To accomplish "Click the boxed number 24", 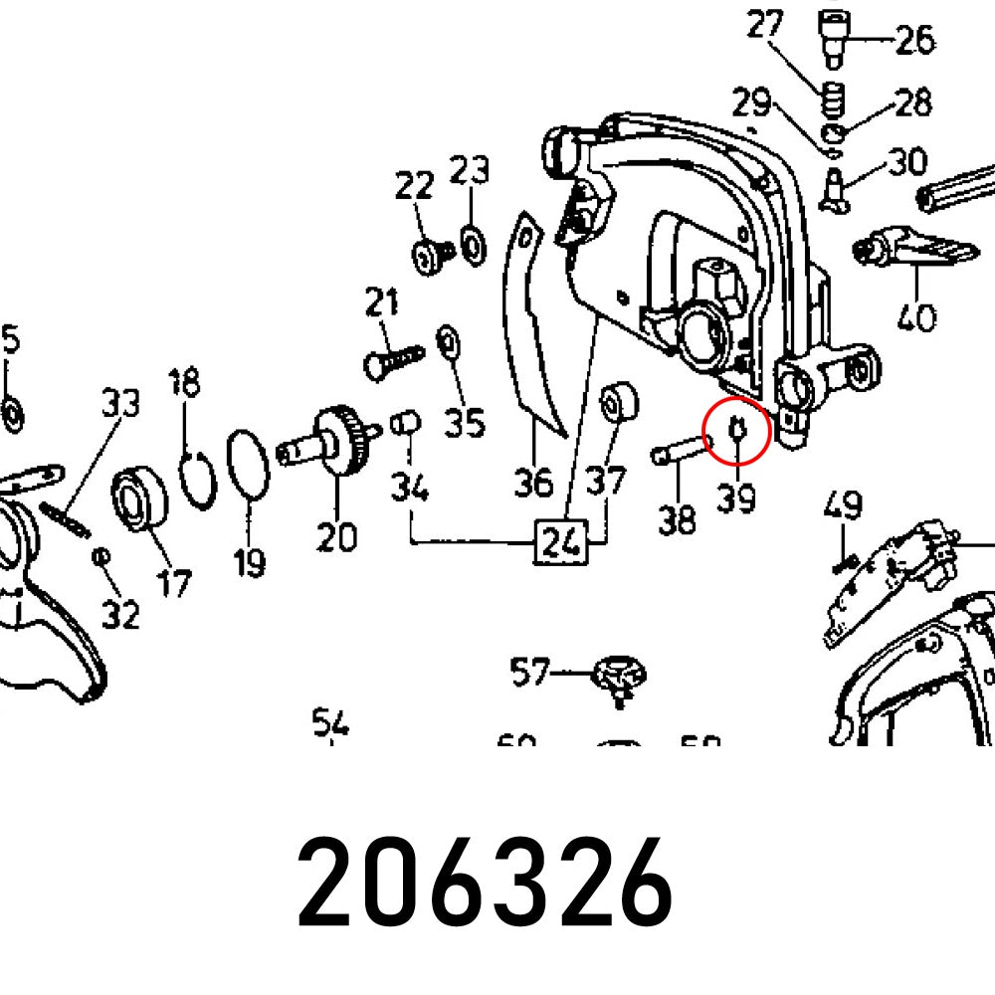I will [560, 543].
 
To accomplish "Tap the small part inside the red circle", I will [736, 428].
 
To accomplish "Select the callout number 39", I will [736, 497].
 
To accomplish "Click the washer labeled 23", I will [472, 243].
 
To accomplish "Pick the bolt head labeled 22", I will [429, 256].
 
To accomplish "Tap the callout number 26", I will [914, 40].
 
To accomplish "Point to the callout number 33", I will [120, 403].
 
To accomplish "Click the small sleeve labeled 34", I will [404, 424].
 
